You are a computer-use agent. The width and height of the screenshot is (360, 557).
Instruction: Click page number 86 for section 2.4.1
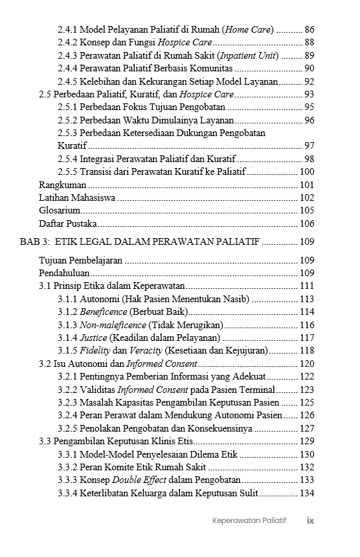(x=309, y=29)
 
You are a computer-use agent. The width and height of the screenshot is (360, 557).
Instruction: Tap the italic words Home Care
(x=248, y=29)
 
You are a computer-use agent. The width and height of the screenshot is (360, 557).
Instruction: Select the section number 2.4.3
(x=67, y=55)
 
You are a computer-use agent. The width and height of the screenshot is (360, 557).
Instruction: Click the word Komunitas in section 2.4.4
(x=209, y=68)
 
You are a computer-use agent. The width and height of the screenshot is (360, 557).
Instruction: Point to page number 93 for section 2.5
(x=309, y=94)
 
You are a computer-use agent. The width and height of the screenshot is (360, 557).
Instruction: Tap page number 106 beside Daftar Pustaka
(x=307, y=223)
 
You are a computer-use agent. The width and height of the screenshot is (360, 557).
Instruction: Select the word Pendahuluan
(x=65, y=273)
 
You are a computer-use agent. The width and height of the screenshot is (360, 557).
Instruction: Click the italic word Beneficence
(x=103, y=312)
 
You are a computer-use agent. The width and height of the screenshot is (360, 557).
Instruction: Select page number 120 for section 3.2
(x=307, y=364)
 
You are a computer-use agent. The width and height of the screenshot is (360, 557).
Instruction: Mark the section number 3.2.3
(x=67, y=402)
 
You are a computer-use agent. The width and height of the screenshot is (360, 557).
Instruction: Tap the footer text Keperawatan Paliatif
(x=249, y=520)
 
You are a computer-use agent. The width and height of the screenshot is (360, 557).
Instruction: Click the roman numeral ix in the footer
(x=310, y=520)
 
